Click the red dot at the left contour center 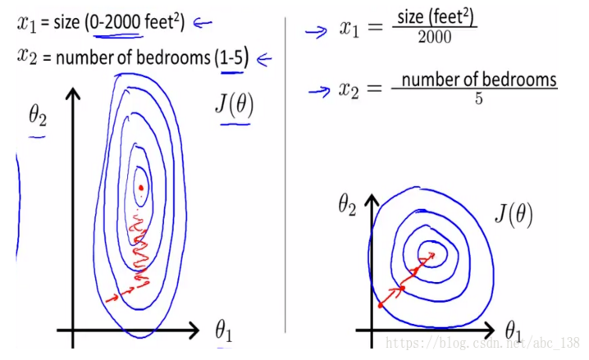tap(141, 188)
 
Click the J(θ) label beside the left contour tap(234, 105)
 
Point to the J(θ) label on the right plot tap(514, 216)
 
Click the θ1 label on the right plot tap(514, 332)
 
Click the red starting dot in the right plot tap(380, 305)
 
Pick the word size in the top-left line tap(66, 23)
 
